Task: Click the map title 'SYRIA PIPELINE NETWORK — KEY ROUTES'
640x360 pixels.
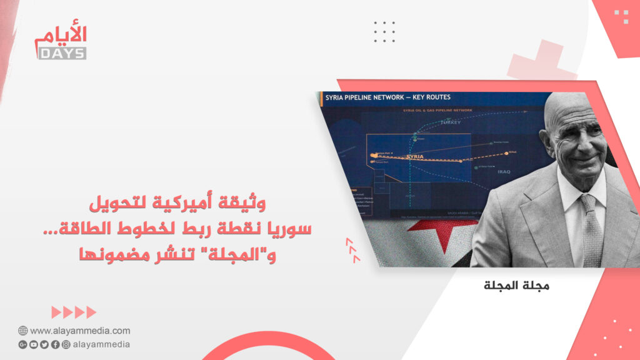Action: [x=387, y=97]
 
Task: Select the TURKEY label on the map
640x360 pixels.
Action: [x=450, y=122]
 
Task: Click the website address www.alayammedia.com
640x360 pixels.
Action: [x=80, y=331]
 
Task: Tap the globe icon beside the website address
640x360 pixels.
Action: [x=22, y=331]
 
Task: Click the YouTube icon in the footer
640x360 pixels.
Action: [x=34, y=344]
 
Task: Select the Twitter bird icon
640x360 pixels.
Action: [x=44, y=344]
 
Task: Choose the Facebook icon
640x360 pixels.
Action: [x=55, y=344]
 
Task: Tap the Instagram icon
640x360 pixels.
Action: [x=66, y=344]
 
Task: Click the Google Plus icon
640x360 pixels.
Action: [x=23, y=344]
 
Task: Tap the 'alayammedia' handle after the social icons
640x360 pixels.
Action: [x=101, y=344]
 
